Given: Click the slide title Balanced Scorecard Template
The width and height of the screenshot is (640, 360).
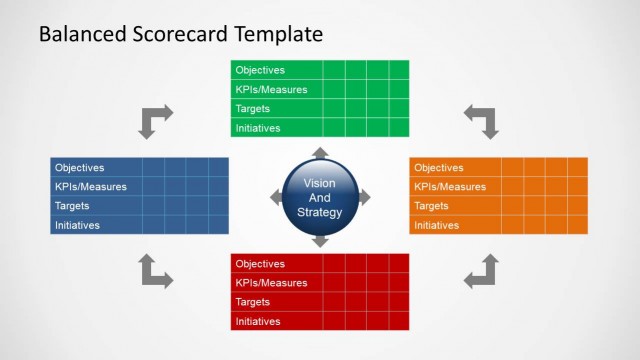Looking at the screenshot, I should click(x=180, y=34).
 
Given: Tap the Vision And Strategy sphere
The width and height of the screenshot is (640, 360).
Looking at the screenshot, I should click(x=320, y=197).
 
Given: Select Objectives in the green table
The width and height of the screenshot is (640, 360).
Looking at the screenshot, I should click(x=259, y=70).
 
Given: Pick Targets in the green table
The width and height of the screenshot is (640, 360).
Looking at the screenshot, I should click(x=253, y=108).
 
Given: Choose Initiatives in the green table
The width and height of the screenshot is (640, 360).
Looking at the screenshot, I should click(x=257, y=128).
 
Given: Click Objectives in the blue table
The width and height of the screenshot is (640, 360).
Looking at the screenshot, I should click(x=79, y=168).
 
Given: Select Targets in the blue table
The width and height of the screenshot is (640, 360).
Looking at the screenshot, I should click(x=73, y=206).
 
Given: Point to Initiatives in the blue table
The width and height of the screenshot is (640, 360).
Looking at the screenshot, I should click(x=77, y=225).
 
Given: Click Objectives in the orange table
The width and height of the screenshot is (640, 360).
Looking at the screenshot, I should click(x=439, y=168).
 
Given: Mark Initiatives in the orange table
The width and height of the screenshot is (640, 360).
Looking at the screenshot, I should click(x=437, y=225).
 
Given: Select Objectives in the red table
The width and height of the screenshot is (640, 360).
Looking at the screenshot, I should click(x=259, y=264).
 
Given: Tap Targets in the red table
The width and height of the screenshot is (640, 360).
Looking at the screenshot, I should click(x=253, y=302).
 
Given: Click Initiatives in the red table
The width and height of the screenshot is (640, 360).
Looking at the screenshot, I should click(x=257, y=321).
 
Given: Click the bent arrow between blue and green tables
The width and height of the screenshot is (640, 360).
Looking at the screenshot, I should click(x=155, y=120).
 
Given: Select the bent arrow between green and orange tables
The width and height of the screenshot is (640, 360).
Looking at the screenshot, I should click(x=482, y=120).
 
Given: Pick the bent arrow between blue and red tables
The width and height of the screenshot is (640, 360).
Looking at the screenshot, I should click(x=155, y=271).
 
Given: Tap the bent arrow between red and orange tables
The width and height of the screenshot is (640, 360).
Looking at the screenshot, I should click(x=482, y=271).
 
